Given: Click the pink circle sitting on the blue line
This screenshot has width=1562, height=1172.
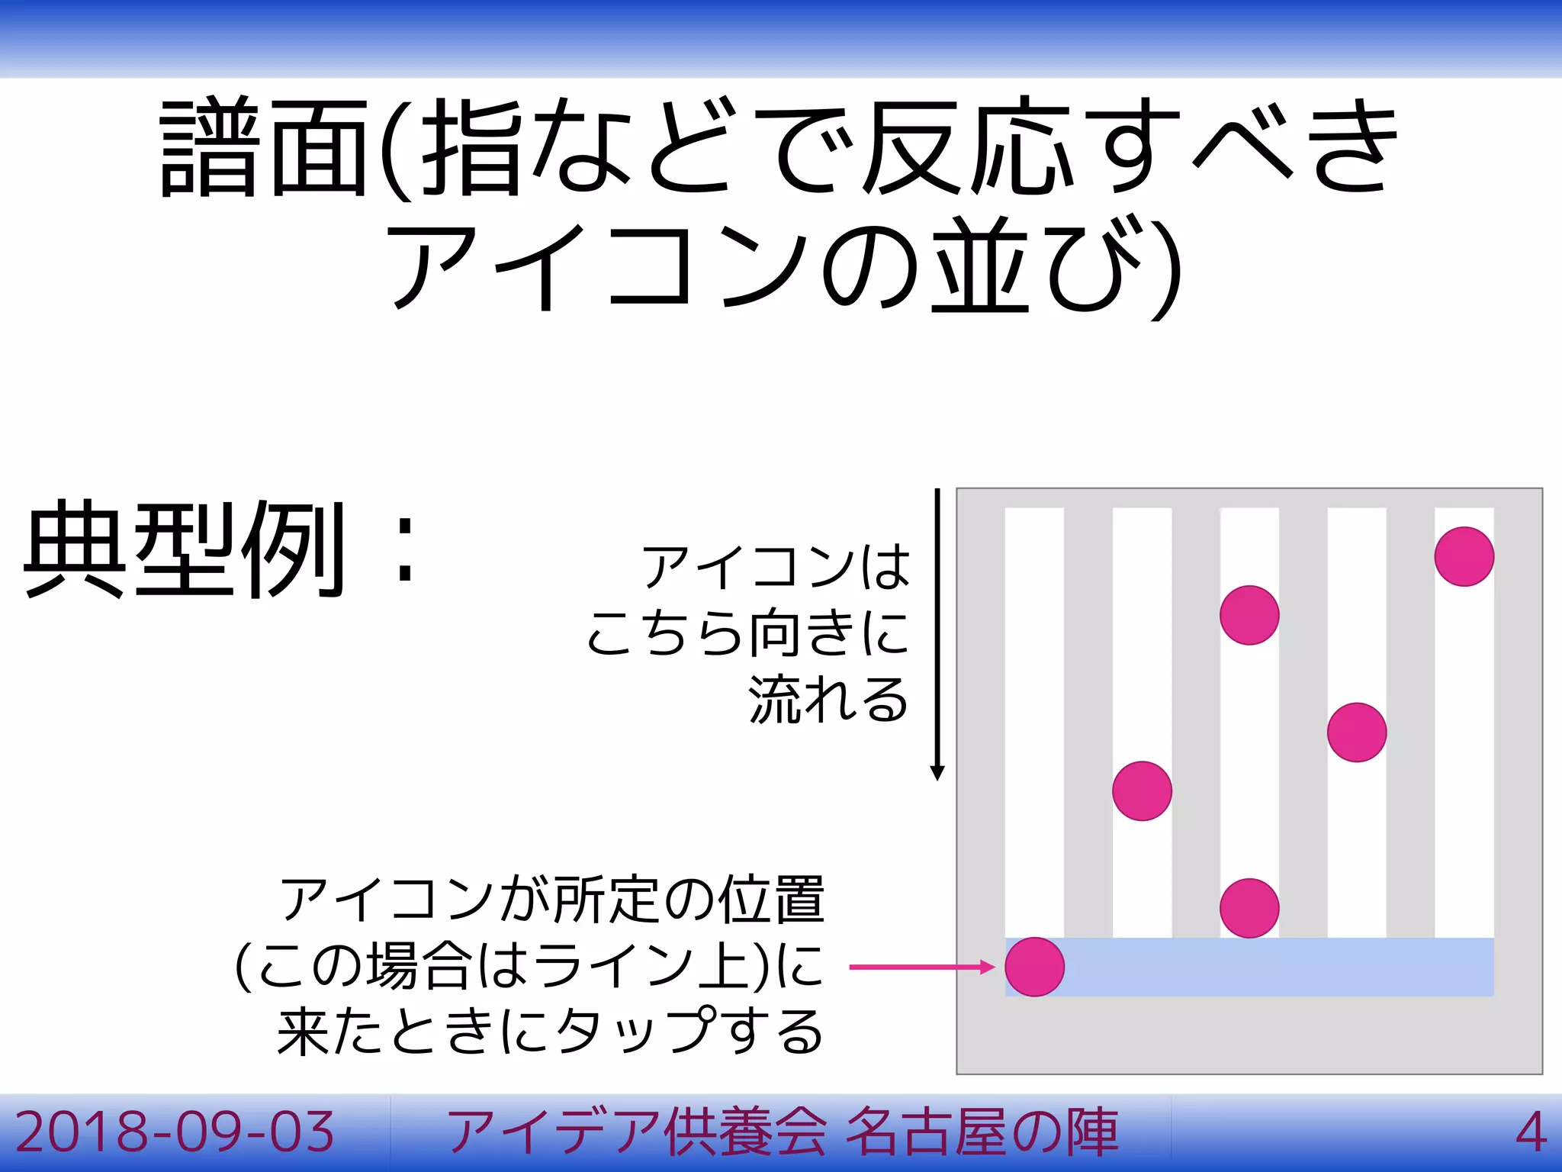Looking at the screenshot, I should point(1034,967).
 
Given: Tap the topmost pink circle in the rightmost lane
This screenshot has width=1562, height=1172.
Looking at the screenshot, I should point(1464,556).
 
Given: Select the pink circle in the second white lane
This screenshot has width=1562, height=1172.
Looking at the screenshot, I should point(1142,790).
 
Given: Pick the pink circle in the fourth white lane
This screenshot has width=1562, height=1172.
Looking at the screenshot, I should point(1356,732).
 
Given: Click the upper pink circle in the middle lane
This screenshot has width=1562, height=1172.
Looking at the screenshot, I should point(1249,615).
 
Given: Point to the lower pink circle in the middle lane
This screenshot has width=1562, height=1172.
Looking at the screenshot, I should point(1249,908).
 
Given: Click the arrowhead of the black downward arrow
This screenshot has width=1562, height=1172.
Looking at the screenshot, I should point(937,772).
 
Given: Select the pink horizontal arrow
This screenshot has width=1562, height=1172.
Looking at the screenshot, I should point(921,967).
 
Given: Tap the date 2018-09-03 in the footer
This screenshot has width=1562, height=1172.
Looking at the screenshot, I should point(175,1132).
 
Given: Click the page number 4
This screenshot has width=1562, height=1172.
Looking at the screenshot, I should point(1530,1132).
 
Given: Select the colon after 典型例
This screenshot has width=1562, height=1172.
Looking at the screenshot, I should point(405,549).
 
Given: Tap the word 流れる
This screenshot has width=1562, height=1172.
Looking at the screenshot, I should point(828,699).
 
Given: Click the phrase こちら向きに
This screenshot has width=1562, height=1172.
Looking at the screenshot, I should point(747,633).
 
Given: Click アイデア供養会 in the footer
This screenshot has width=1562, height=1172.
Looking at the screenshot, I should point(637,1132).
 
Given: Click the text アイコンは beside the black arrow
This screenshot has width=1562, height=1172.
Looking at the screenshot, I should point(776,566).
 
